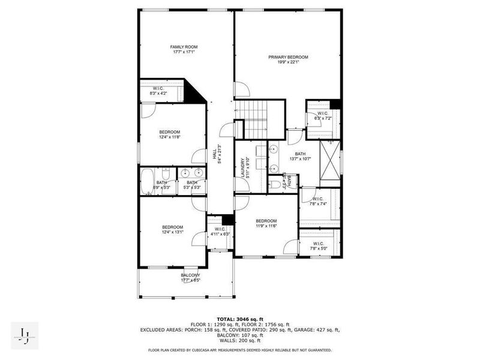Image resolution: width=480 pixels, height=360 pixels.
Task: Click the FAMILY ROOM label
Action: tap(184, 49)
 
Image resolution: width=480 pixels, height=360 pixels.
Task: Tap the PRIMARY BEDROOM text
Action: tap(288, 60)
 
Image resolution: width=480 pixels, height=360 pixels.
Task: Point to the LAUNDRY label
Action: tap(243, 167)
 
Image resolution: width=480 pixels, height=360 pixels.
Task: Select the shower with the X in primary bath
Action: tap(329, 161)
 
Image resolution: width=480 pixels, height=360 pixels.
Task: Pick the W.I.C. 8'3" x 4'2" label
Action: tap(159, 91)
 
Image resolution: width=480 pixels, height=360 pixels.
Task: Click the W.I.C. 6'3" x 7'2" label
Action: tap(323, 115)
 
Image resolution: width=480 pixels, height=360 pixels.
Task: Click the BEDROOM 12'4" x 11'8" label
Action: tap(169, 134)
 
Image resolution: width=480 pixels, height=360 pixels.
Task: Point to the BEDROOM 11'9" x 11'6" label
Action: tap(266, 223)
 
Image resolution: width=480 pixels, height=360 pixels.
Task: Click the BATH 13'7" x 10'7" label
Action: tap(300, 157)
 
